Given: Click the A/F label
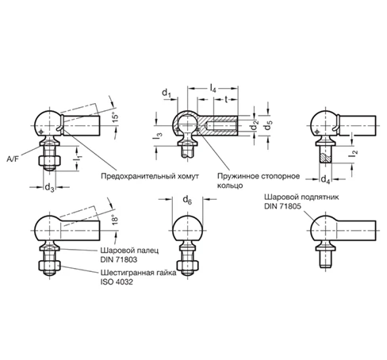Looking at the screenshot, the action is click(13, 159).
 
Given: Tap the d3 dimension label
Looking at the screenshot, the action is click(49, 188).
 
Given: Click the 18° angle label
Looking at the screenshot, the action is click(115, 220).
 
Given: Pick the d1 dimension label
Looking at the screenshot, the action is click(167, 93).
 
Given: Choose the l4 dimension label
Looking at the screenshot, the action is click(213, 88).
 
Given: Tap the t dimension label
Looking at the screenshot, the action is click(226, 99).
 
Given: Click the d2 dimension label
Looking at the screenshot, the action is click(255, 125).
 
